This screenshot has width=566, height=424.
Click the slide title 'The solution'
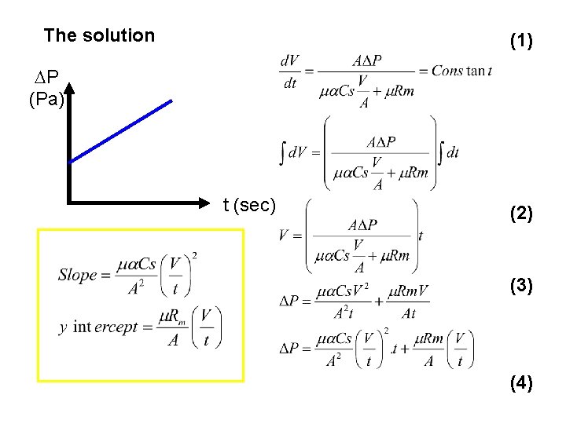pyautogui.click(x=99, y=35)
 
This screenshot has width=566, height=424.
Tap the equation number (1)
pyautogui.click(x=521, y=41)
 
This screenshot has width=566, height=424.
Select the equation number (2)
pyautogui.click(x=521, y=213)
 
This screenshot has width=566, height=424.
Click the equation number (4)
pyautogui.click(x=521, y=383)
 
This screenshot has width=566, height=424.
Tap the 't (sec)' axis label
pyautogui.click(x=249, y=206)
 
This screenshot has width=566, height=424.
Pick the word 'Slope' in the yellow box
pyautogui.click(x=77, y=275)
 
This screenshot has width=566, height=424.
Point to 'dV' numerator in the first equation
pyautogui.click(x=289, y=60)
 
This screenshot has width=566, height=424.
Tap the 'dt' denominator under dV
pyautogui.click(x=289, y=82)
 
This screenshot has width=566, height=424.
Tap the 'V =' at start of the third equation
pyautogui.click(x=289, y=235)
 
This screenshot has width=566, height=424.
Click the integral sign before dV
pyautogui.click(x=282, y=152)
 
